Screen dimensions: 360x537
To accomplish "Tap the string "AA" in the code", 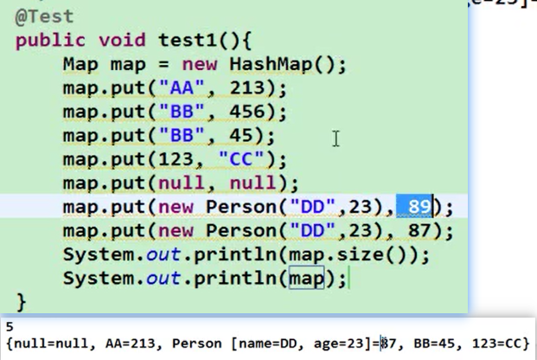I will [x=185, y=88].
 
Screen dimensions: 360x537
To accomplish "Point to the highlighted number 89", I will [x=419, y=207].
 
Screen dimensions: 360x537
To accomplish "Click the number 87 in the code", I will [x=419, y=231].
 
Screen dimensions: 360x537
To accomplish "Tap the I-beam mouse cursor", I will [x=336, y=138].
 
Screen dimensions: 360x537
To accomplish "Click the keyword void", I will [x=122, y=40].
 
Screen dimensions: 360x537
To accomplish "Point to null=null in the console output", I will [x=44, y=344].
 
